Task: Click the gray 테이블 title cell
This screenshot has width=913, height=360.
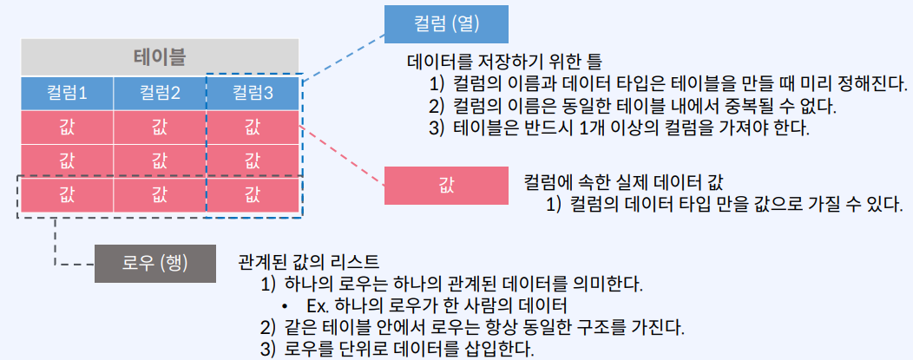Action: (161, 58)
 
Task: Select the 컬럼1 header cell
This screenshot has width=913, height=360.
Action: (66, 93)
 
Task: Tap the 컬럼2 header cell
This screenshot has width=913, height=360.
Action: (160, 93)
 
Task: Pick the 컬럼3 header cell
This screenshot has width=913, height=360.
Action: (253, 93)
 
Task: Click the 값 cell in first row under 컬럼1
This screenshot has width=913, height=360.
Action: (66, 128)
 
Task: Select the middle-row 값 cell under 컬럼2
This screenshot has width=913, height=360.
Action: (160, 160)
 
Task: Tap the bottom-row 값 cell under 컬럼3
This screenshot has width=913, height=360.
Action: (253, 193)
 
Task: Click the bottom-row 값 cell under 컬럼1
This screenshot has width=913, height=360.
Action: (66, 193)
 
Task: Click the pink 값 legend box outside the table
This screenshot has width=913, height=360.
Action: (446, 185)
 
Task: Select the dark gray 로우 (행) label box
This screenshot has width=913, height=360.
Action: (154, 262)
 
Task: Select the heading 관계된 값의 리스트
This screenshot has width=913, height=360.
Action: (308, 261)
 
